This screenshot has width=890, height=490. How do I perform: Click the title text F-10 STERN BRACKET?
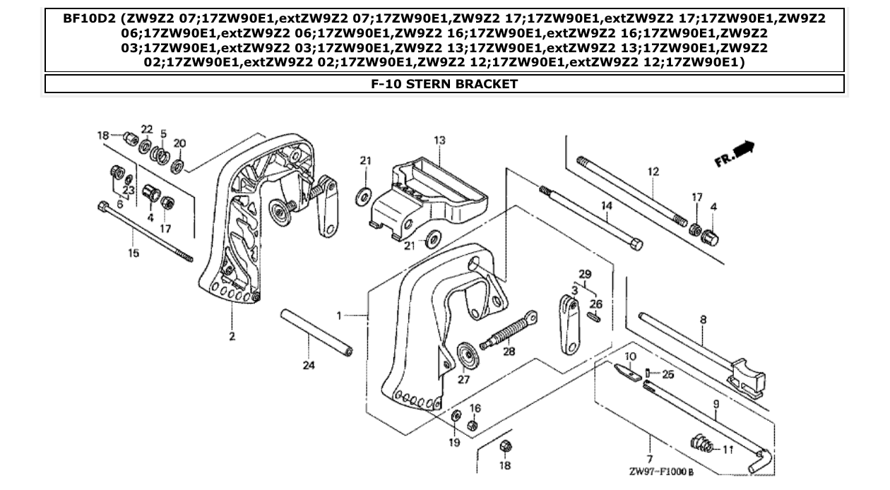[x=444, y=84]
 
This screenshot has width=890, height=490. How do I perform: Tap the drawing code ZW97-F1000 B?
[x=660, y=472]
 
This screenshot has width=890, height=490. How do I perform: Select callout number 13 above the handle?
[x=439, y=141]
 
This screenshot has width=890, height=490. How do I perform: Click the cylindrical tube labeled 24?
[x=317, y=332]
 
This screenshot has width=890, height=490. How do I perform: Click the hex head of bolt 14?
[x=634, y=244]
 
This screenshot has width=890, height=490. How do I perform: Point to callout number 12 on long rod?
[x=653, y=171]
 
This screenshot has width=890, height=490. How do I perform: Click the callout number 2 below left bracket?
[x=232, y=337]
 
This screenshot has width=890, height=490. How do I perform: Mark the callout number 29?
[x=584, y=273]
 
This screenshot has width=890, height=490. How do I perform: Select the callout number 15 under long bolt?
[x=133, y=253]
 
